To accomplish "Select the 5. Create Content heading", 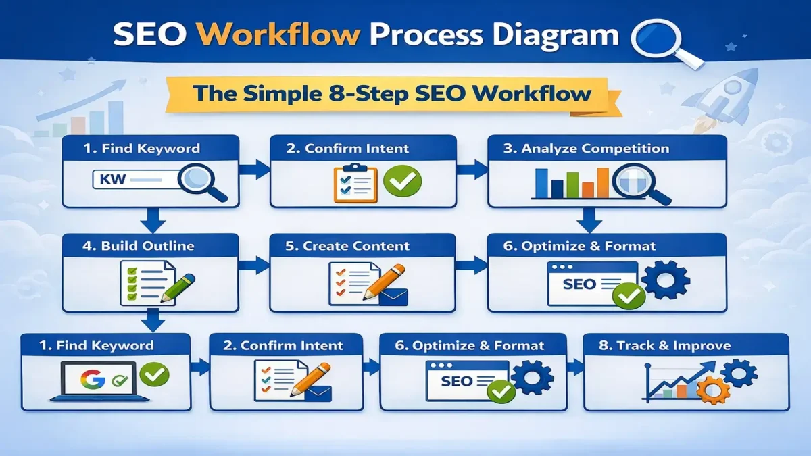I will [x=347, y=246].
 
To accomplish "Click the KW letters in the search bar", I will [x=109, y=180].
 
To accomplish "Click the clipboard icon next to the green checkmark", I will [x=355, y=182].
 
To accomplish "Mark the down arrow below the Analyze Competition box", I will [x=588, y=220].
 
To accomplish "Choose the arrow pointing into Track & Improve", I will [x=574, y=368].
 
